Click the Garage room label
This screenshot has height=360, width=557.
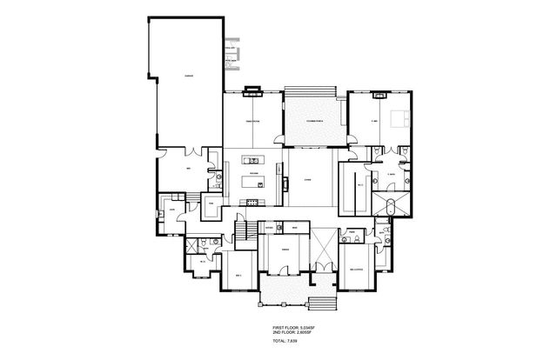(x=189, y=77)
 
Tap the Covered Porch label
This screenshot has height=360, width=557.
(x=304, y=122)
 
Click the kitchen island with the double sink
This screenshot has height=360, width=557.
(x=254, y=160)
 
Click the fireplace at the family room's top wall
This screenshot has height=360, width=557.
(x=252, y=88)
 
